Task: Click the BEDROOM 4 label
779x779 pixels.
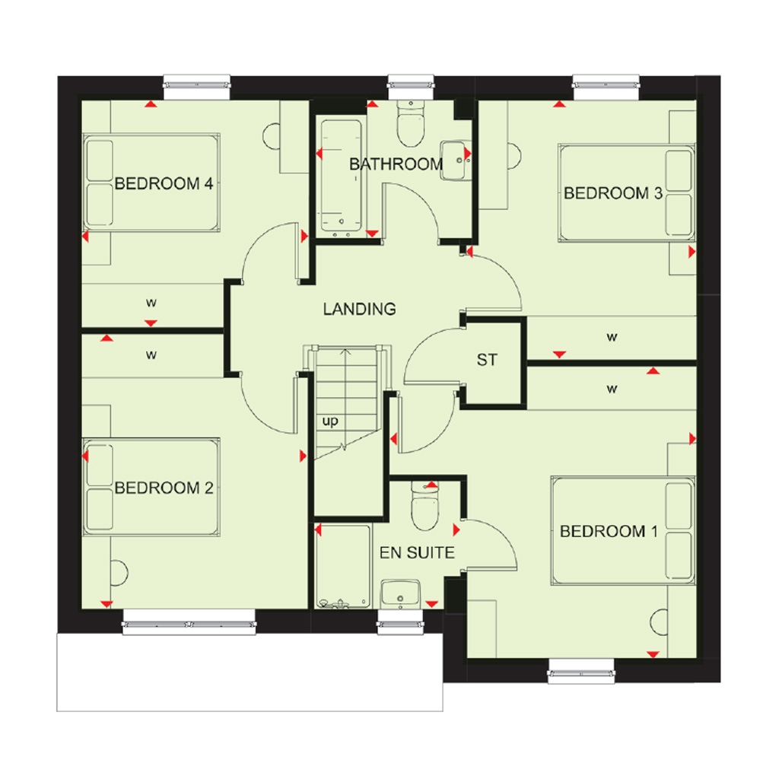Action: (164, 184)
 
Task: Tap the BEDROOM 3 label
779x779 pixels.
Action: (613, 193)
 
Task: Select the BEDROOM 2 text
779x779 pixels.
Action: (164, 488)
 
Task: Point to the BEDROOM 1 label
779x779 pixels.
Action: (609, 532)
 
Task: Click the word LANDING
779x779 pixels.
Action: (360, 309)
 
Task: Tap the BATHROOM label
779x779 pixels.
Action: (396, 164)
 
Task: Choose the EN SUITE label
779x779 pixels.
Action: (417, 552)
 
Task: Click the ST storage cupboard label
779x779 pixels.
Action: (487, 360)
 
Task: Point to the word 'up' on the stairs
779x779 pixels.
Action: (330, 421)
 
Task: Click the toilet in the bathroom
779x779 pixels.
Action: (411, 124)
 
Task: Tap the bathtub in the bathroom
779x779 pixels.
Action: (341, 176)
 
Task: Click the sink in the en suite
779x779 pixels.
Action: (400, 593)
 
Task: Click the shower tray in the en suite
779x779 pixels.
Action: (343, 567)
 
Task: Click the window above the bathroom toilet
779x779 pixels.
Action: (411, 87)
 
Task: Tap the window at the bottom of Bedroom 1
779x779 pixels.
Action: (581, 671)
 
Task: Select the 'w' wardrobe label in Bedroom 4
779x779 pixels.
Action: (151, 303)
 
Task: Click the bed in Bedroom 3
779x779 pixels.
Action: (627, 193)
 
